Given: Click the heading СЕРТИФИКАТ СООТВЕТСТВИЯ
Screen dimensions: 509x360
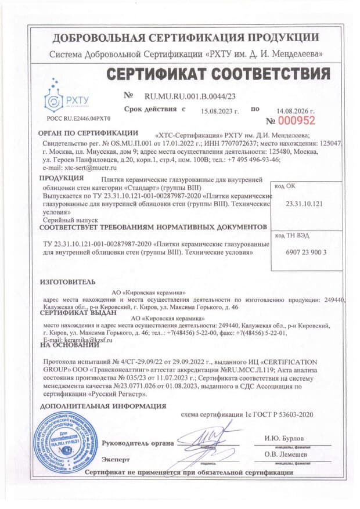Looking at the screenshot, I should (218, 74).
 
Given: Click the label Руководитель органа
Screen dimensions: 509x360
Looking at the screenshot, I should (138, 443).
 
